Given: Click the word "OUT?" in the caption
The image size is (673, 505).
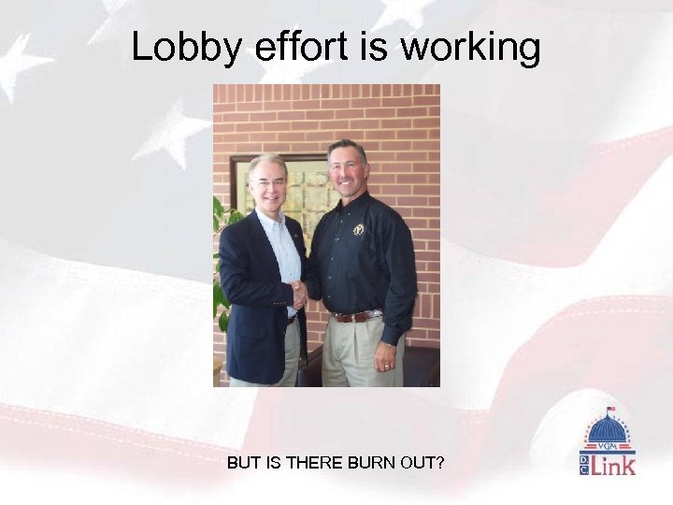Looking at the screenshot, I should (422, 462).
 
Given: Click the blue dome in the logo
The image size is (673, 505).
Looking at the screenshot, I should (608, 431).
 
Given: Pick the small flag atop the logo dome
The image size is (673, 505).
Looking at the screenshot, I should (609, 410).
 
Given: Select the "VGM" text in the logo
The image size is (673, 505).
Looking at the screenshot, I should (608, 447).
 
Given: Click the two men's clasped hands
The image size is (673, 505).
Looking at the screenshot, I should (299, 296).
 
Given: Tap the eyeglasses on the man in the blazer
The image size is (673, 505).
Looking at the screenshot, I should (267, 182).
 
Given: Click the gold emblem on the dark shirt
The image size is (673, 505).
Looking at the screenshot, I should (358, 229).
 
